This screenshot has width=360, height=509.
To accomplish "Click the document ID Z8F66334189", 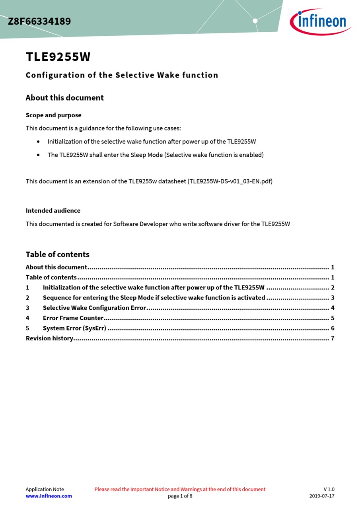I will (x=39, y=21).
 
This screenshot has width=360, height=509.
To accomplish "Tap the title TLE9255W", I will (x=58, y=57).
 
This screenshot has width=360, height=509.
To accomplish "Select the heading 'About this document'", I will (x=64, y=98).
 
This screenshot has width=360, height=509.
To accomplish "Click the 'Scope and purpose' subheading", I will (x=53, y=115).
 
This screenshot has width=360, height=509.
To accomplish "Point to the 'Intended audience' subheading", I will (x=53, y=211).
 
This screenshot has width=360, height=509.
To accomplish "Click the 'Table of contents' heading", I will (x=57, y=254).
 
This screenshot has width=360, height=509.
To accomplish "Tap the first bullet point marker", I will (x=38, y=142).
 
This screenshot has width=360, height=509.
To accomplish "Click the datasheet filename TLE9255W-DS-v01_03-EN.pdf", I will (x=230, y=181).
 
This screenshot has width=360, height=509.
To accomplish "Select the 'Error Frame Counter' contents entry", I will (x=73, y=318).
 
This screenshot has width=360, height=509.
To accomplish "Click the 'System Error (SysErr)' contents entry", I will (x=74, y=328).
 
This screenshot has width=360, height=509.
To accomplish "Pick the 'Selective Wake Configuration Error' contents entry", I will (x=94, y=308).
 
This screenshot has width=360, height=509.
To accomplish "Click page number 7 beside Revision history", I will (x=333, y=338).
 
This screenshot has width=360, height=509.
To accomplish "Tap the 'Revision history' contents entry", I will (x=49, y=338).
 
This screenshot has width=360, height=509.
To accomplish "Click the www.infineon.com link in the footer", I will (x=49, y=496).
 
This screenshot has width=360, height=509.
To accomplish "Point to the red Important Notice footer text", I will (x=180, y=489).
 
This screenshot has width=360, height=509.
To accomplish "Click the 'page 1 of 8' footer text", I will (x=180, y=496).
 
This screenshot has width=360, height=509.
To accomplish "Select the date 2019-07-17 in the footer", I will (x=322, y=496).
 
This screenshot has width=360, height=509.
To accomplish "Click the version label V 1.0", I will (x=329, y=489).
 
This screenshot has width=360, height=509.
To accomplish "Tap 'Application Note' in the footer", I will (x=45, y=489).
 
